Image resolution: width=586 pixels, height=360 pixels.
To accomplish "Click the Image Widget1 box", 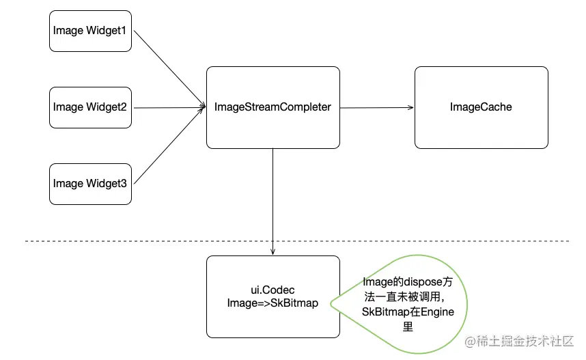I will [90, 30].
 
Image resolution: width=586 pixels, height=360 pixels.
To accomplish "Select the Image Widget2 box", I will [90, 107].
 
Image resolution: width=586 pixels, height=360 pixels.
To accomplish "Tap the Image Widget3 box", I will [90, 184].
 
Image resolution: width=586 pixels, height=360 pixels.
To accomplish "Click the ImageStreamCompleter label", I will [273, 107].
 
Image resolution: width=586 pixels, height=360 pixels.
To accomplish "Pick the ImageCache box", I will [481, 107].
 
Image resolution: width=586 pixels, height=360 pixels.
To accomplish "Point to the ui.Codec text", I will [273, 290].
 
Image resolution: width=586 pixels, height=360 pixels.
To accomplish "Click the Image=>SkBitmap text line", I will [273, 303].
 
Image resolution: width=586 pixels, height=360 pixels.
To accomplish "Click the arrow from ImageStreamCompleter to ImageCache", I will [376, 107].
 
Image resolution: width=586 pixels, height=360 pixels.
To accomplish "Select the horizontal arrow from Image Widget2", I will [167, 107].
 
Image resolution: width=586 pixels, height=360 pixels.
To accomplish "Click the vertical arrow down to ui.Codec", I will [273, 198].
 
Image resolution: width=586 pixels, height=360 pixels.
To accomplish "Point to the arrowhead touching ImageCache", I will [411, 107].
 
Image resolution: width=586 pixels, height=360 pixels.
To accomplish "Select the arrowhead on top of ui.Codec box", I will [273, 252].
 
